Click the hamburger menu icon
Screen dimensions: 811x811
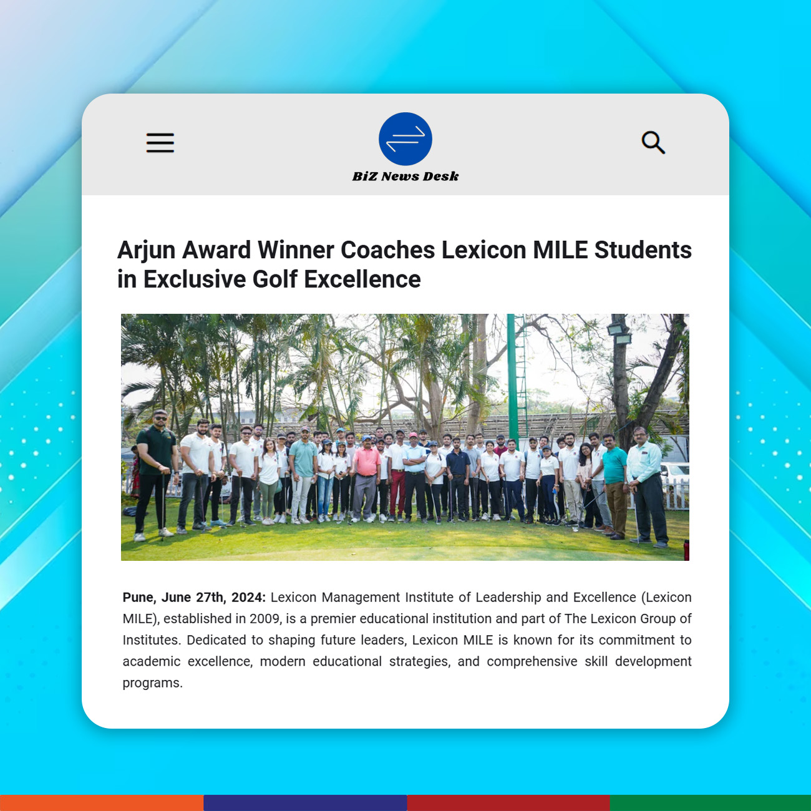[160, 143]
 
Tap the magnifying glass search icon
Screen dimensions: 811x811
[653, 143]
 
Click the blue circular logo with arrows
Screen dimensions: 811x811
[405, 139]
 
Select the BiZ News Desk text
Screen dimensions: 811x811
[405, 177]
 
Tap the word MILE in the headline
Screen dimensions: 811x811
[560, 250]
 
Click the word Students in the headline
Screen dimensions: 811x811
[643, 250]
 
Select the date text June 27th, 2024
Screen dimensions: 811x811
[213, 598]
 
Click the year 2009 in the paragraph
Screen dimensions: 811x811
[265, 619]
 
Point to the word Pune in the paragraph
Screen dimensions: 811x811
[137, 598]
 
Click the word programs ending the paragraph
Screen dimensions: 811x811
[152, 683]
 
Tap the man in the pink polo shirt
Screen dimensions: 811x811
[366, 474]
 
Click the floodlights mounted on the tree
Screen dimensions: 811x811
[619, 334]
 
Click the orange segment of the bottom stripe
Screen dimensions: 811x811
[101, 803]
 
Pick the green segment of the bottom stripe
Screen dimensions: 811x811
[710, 803]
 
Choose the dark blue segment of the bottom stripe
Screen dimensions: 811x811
[305, 803]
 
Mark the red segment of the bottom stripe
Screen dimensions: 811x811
[508, 803]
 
